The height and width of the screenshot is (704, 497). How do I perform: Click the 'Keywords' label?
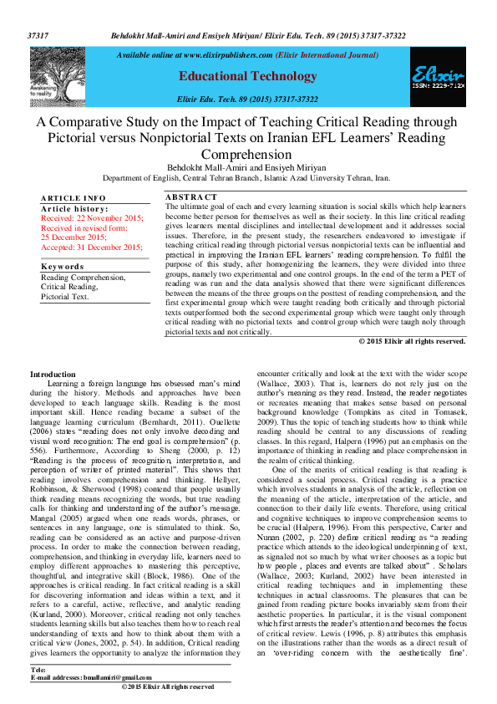click(63, 267)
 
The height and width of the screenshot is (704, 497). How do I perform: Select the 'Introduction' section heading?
click(53, 374)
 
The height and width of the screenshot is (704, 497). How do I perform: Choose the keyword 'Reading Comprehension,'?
click(84, 277)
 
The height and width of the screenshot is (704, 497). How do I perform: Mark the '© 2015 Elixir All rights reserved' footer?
click(167, 686)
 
